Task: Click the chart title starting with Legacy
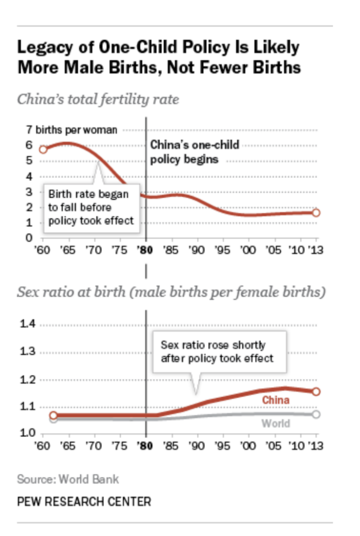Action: pos(159,58)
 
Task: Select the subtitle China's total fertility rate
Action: pos(98,99)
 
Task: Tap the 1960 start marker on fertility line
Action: pos(43,149)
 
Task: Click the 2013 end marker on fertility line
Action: pos(316,213)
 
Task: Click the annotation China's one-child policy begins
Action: pos(195,152)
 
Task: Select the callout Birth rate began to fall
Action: pos(91,207)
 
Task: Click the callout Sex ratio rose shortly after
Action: pos(217,352)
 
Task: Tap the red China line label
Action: pos(275,400)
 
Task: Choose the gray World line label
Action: pos(275,423)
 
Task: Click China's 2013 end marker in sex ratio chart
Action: pos(316,392)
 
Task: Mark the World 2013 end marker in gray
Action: pos(316,414)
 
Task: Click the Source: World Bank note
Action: pos(68,479)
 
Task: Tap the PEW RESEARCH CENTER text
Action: pos(84,501)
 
